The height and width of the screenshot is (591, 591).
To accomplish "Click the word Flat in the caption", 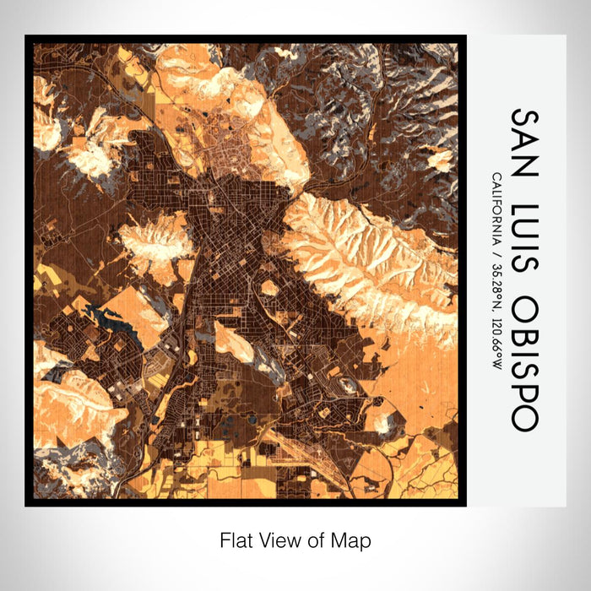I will click(236, 539).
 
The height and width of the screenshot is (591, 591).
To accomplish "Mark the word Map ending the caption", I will click(350, 539).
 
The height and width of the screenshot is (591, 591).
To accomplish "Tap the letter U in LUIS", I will click(523, 228).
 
